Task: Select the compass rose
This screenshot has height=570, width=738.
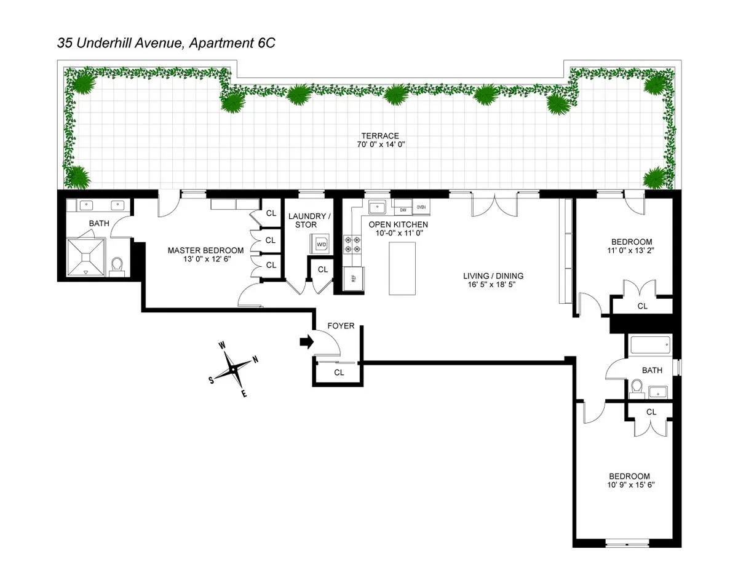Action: [x=234, y=370]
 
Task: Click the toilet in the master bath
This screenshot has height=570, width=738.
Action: [x=119, y=266]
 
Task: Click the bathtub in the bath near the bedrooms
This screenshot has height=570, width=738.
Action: [x=649, y=345]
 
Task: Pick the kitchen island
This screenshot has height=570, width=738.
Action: [x=402, y=268]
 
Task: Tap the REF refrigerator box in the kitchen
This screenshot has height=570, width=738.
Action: [x=353, y=277]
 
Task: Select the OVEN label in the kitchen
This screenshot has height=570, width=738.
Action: [x=421, y=207]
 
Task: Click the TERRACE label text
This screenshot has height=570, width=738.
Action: [x=380, y=136]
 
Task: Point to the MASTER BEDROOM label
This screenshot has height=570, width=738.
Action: [x=205, y=250]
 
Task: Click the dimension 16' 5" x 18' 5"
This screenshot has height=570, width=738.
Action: [x=493, y=286]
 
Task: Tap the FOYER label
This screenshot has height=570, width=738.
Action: [x=341, y=325]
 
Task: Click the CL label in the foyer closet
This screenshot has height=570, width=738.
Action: [x=339, y=372]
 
